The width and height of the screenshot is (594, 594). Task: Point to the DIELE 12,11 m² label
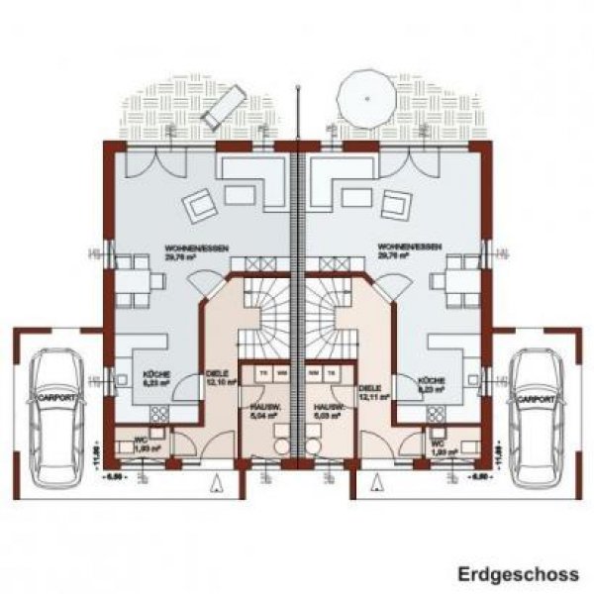click(371, 393)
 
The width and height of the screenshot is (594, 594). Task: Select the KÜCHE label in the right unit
click(432, 384)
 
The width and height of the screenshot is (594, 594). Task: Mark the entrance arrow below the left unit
click(218, 483)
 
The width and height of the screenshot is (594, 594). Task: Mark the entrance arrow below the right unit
click(375, 483)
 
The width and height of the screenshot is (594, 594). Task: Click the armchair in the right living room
click(393, 206)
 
